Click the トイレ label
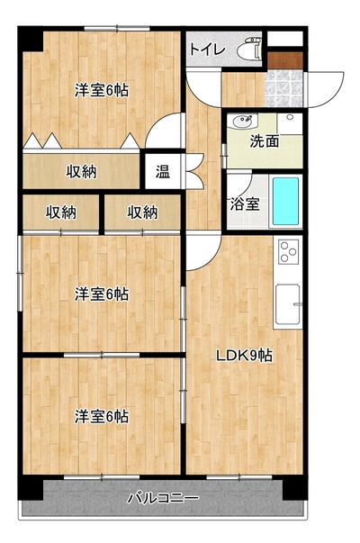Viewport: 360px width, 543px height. tap(208, 50)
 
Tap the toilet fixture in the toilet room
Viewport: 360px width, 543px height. tap(250, 49)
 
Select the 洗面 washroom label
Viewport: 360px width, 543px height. tap(265, 141)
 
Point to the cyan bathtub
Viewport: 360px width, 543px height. tap(285, 201)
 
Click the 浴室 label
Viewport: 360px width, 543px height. tap(245, 204)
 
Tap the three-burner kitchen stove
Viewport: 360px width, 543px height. tap(289, 251)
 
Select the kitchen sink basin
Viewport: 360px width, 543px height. tap(288, 303)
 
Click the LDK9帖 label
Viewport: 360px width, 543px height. tap(244, 356)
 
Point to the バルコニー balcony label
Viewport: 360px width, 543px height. tap(164, 498)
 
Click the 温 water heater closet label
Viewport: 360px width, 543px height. tap(162, 171)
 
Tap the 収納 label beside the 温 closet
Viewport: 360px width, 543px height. tap(81, 171)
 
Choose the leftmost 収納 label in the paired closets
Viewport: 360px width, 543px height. tap(61, 213)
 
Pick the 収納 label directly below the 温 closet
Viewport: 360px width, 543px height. tap(142, 213)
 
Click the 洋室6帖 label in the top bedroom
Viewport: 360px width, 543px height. tap(102, 90)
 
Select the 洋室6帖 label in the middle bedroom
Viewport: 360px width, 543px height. tap(102, 294)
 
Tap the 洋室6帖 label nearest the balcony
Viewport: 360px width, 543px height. tap(102, 416)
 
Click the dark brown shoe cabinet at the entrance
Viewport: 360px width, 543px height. tap(285, 60)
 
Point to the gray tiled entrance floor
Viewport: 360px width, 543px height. tap(283, 88)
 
